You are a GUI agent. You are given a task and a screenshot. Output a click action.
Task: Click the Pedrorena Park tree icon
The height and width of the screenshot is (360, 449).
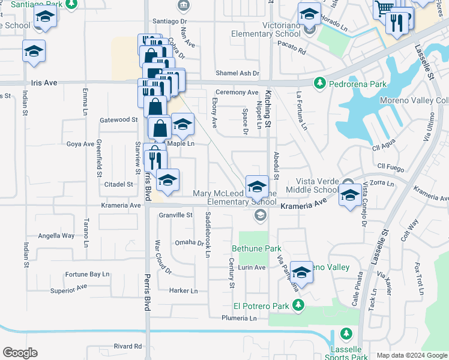pos(320,83)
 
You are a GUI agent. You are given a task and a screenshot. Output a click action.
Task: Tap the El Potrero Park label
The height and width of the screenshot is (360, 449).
pos(262,305)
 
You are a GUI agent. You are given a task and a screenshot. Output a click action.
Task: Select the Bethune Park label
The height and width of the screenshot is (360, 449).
pos(256,248)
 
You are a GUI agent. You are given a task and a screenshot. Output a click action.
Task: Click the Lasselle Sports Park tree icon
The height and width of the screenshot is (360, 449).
pos(345,334)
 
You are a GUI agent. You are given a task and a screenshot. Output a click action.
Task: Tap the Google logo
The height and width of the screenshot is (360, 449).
pos(20,353)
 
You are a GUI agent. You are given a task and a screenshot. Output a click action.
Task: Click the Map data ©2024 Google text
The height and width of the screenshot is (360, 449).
pos(411,355)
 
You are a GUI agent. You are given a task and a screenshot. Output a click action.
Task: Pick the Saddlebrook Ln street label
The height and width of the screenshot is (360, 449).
pos(208,235)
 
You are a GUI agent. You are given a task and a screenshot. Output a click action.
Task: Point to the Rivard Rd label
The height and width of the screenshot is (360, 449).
pos(127,346)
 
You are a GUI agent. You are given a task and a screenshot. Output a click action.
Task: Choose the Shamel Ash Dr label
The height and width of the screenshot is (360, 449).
pos(238,73)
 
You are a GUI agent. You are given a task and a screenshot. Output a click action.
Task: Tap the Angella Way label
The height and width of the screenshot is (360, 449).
pos(56,236)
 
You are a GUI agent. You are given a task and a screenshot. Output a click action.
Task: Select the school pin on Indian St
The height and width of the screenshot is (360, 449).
pos(34,52)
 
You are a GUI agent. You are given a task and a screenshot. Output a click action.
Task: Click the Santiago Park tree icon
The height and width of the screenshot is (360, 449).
pos(71,5)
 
